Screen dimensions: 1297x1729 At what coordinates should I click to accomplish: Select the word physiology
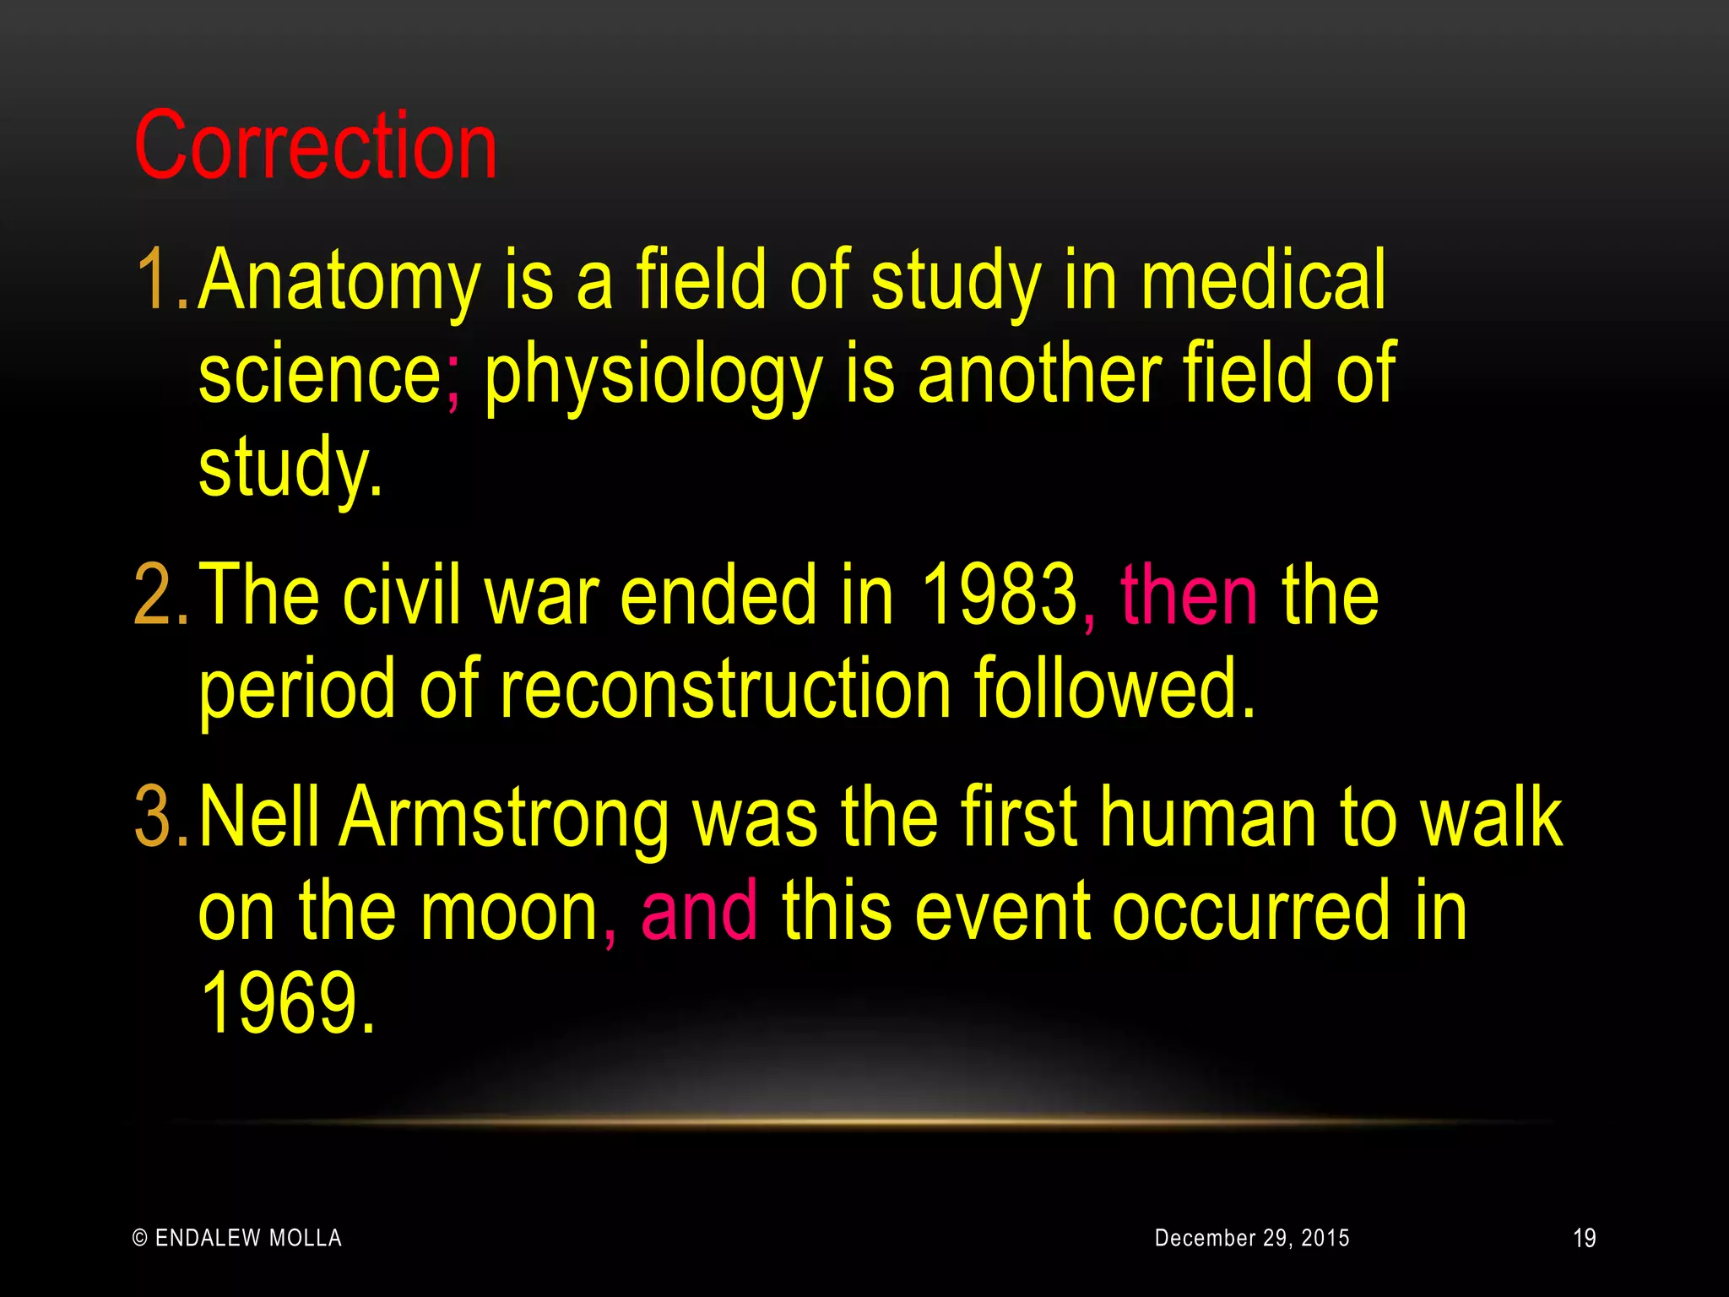653,376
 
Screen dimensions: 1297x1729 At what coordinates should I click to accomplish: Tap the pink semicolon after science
453,380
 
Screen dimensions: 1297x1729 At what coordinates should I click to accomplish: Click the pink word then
1189,596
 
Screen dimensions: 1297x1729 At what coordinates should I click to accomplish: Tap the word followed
1114,689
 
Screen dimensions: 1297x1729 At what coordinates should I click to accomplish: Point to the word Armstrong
505,817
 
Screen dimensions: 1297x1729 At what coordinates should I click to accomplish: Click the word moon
509,912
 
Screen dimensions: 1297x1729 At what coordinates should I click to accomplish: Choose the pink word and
699,912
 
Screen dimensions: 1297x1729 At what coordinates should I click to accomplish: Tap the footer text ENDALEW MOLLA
248,1238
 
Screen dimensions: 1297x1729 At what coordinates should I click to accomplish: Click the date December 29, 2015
1251,1238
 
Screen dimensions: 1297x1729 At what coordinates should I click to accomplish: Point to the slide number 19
1584,1239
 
